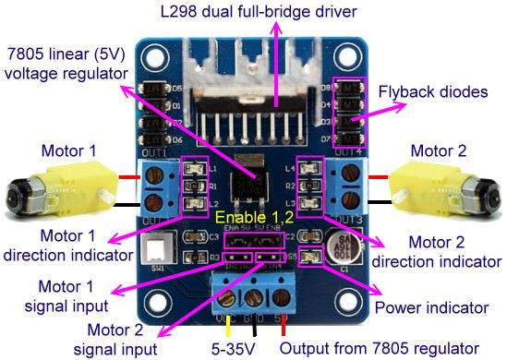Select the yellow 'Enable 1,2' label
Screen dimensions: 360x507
(x=255, y=219)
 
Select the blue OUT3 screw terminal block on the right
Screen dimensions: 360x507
(x=350, y=181)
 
